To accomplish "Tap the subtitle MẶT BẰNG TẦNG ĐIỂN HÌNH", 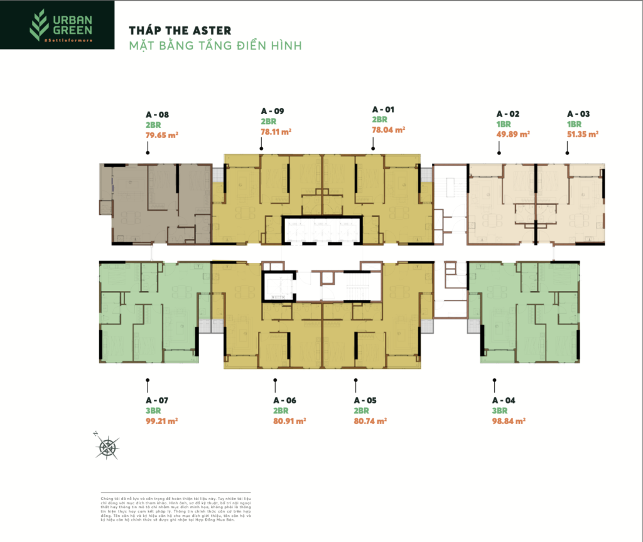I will [215, 45].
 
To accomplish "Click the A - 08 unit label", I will [157, 115].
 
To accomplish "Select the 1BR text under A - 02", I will [504, 124].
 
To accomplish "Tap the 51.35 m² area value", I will [582, 134].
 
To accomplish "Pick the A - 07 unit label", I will [157, 400].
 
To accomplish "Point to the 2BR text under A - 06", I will [281, 411].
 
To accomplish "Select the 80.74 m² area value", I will [370, 421].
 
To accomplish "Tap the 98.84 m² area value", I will [509, 421].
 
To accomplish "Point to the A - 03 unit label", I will [578, 114].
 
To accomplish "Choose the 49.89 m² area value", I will [513, 134].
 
